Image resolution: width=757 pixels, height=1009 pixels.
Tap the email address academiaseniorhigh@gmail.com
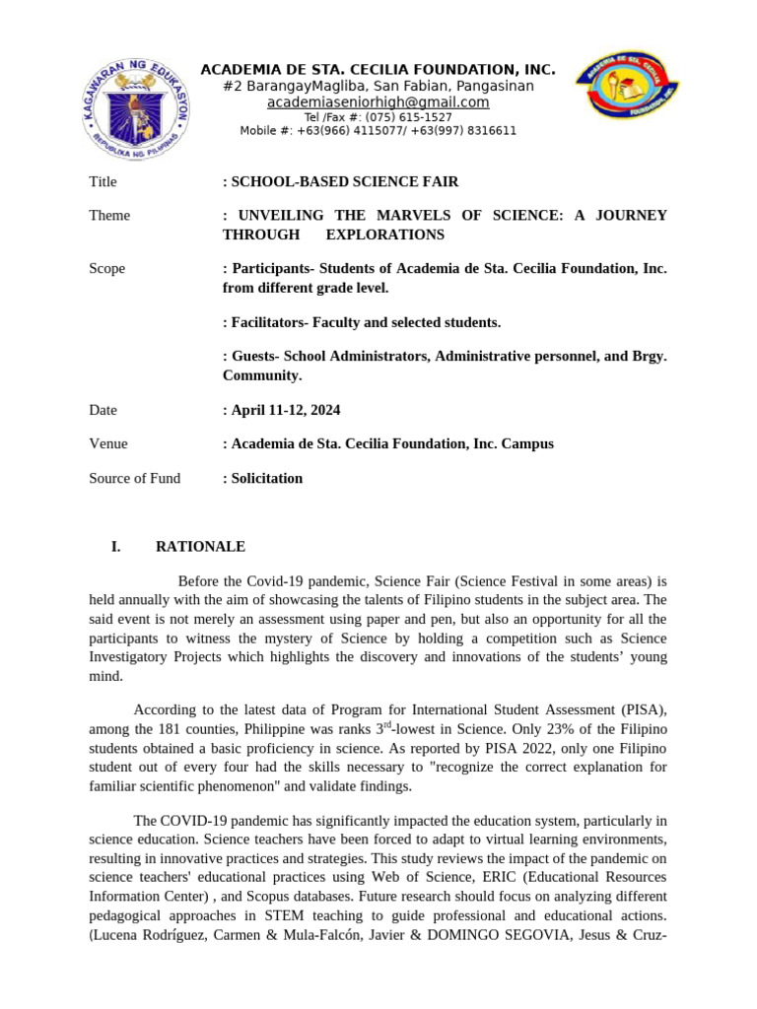(378, 102)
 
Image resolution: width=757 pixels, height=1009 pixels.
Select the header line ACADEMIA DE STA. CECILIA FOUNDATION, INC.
(378, 70)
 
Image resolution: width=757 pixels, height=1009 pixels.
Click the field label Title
(103, 182)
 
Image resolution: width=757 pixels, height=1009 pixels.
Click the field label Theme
(109, 216)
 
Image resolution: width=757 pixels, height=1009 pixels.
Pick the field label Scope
(107, 269)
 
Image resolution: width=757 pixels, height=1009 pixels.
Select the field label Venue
(108, 444)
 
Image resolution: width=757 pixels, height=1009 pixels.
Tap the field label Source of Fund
(135, 479)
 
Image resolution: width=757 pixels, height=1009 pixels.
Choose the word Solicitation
(267, 479)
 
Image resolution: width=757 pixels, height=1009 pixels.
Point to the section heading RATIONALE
(201, 547)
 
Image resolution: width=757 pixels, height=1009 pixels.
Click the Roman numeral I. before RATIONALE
(115, 547)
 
